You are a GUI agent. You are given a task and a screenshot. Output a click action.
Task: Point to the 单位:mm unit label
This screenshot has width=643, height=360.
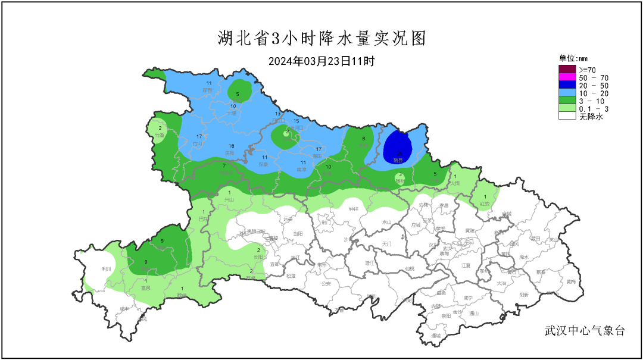coord(573,58)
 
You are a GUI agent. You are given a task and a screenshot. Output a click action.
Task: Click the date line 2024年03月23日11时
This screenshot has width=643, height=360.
coord(321,61)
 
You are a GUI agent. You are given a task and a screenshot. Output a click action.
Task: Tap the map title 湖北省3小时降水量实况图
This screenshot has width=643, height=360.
coord(321,39)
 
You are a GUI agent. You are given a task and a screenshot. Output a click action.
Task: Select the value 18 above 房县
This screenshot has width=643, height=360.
coord(231,146)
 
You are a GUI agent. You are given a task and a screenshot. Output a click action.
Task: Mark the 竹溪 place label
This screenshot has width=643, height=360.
coord(160,136)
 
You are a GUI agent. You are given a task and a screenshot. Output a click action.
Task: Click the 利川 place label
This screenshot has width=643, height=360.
coord(107,269)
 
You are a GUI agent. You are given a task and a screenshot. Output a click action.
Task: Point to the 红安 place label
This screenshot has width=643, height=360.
coord(485,204)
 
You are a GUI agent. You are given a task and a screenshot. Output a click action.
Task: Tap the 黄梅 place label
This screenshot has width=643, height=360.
coord(571,281)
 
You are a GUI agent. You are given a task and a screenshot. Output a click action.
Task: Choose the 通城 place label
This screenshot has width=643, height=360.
coord(436,336)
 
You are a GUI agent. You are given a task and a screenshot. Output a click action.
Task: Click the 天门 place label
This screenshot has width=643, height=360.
coord(387,244)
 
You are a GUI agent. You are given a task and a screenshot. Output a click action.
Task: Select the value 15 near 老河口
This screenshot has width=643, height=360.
coord(296,121)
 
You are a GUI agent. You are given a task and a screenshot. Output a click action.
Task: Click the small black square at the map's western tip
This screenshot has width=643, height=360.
coord(77,254)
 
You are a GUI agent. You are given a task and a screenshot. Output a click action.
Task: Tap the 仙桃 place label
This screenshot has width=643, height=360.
coord(409,268)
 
